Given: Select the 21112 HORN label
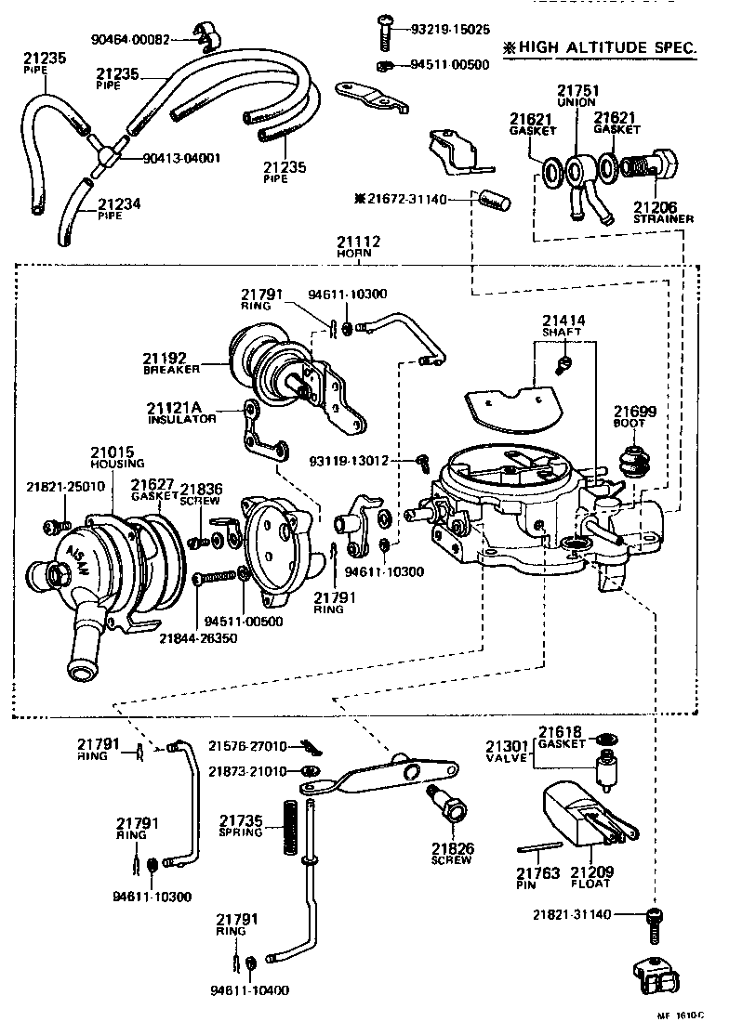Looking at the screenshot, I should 358,247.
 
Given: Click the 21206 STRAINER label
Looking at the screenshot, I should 662,213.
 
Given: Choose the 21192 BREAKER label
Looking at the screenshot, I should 171,361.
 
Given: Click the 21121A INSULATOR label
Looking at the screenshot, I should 181,412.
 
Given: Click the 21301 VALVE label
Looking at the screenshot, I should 507,751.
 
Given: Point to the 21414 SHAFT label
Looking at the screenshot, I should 563,325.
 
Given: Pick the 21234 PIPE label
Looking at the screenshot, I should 119,208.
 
